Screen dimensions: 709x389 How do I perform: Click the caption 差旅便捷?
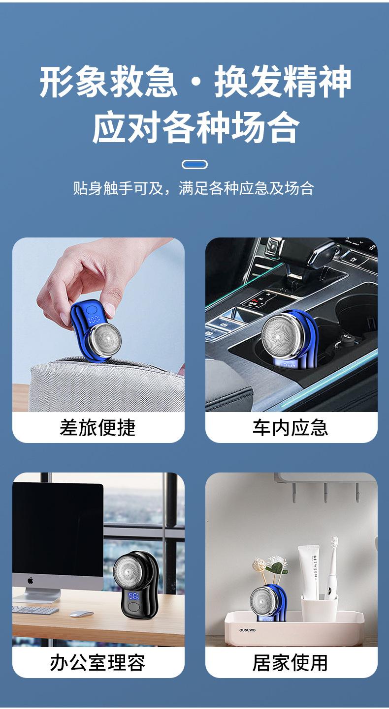pos(97,428)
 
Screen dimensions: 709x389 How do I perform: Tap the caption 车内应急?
pos(291,428)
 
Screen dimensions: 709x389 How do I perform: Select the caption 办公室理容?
pos(97,663)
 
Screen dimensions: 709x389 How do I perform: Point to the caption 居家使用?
pos(291,663)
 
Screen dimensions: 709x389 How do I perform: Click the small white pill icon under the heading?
pos(194,164)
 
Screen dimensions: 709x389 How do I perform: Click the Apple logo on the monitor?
pos(31,581)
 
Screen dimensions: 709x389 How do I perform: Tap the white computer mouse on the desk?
pos(81,614)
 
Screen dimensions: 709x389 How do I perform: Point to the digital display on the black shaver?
pos(133,596)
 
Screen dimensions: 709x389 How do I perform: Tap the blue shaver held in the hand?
pos(97,332)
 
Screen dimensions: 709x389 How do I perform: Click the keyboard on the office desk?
pos(34,610)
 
